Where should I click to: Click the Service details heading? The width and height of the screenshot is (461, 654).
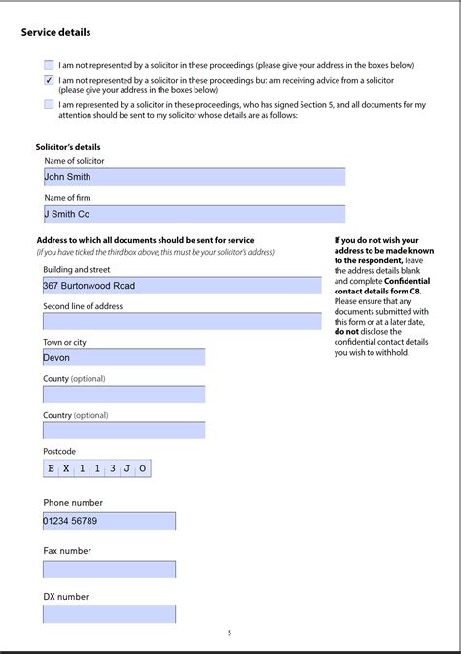56,32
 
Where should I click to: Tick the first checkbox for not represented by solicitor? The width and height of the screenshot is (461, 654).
49,65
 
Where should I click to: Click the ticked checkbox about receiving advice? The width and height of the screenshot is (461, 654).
49,80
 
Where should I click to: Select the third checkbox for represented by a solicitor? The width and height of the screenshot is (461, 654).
49,104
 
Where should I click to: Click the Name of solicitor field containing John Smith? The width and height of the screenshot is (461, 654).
194,177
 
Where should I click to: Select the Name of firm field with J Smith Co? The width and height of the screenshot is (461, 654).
194,214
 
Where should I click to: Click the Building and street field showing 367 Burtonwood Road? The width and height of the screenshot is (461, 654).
182,286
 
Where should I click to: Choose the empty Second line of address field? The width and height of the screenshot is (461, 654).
182,322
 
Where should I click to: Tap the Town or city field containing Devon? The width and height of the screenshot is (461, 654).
124,358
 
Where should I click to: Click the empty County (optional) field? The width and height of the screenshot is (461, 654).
124,394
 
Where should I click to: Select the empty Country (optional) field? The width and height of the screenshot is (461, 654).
124,430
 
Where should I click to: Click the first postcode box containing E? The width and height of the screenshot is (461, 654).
52,468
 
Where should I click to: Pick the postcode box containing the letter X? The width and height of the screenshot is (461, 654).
67,468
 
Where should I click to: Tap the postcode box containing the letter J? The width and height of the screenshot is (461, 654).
127,468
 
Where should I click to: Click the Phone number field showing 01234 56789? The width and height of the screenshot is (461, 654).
109,521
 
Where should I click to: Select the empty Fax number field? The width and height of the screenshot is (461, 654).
109,568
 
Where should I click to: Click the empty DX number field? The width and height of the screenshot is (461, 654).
109,614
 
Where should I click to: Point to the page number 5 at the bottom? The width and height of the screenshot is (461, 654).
230,633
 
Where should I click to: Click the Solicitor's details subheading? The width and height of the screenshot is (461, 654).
68,147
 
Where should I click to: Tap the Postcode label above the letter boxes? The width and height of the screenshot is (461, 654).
59,451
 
